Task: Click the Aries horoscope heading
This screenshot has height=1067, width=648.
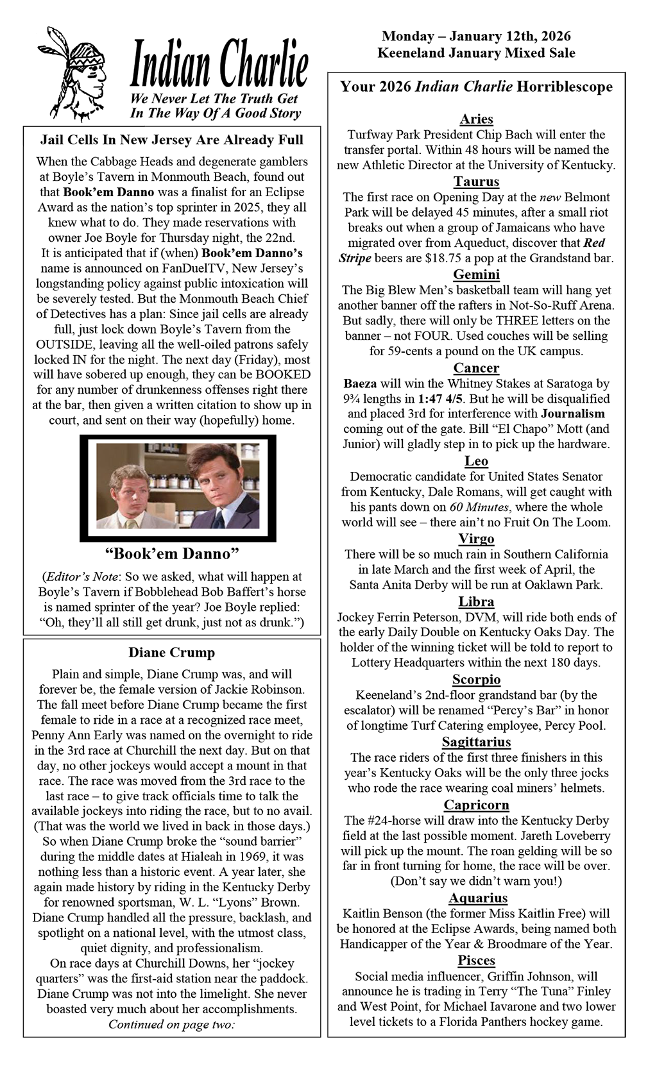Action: (x=476, y=119)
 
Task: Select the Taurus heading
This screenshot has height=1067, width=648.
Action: (x=476, y=181)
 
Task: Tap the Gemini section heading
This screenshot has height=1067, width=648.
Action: (x=476, y=274)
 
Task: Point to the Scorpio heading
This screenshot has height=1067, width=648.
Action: (x=476, y=679)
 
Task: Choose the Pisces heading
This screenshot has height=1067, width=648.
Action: (x=476, y=960)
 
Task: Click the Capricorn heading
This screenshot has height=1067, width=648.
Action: (x=476, y=805)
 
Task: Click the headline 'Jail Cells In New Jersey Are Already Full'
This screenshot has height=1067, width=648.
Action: (x=172, y=140)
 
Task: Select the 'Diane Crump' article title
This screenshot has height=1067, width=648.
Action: (x=171, y=653)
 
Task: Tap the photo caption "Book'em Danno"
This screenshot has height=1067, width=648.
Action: (x=171, y=552)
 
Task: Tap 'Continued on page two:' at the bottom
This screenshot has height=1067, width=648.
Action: (x=171, y=1024)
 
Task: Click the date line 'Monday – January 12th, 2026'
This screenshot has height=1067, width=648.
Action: (x=476, y=37)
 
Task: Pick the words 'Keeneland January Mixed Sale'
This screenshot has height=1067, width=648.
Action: (x=476, y=53)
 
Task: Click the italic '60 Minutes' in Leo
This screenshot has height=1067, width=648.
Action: (x=476, y=507)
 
